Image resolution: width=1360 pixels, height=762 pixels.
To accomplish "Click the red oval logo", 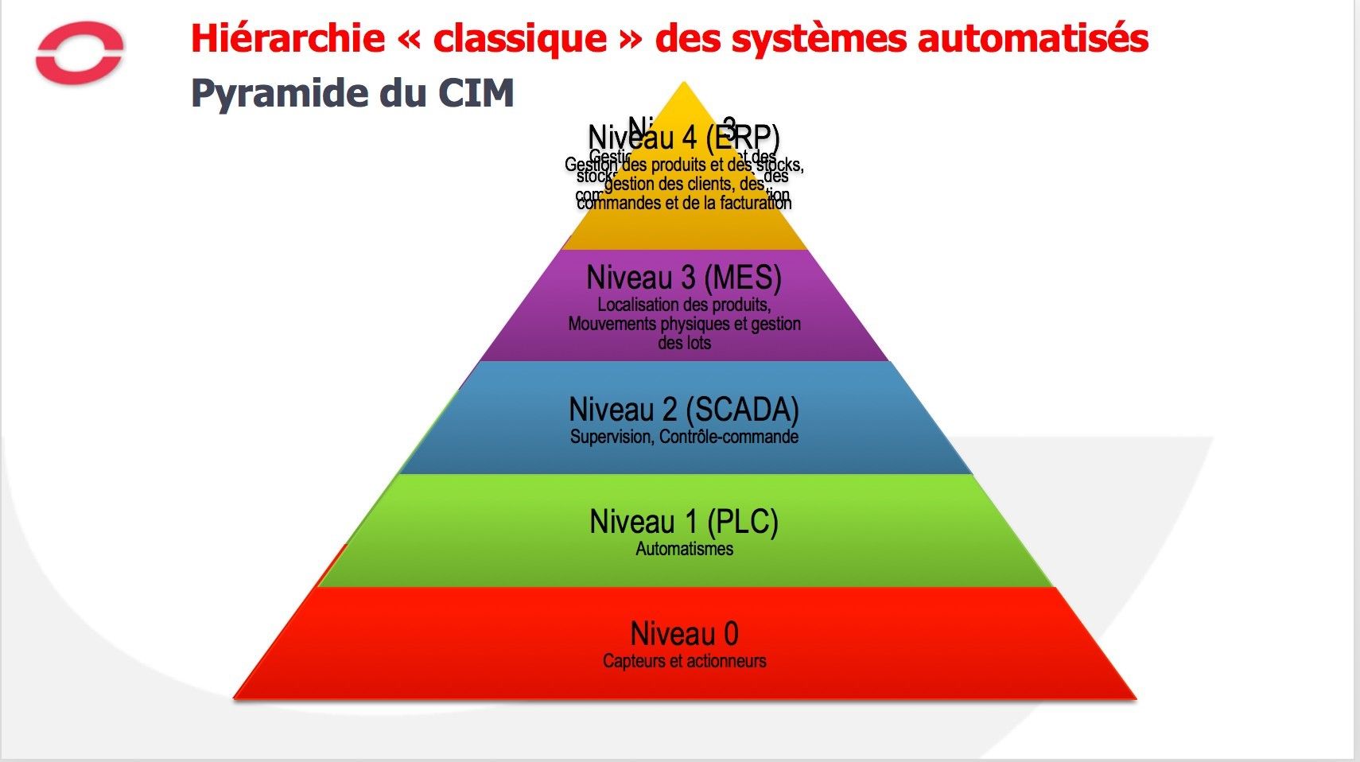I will pos(80,52).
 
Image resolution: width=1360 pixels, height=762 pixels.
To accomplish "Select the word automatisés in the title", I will pos(1033,38).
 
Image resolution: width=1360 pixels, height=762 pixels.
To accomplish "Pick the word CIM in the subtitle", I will pos(476,93).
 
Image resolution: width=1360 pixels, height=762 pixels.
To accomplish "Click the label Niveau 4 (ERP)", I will pos(684,138).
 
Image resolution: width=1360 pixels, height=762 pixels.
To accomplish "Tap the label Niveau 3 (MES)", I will pos(684,278).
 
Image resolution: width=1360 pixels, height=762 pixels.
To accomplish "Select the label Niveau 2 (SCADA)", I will pos(684,410).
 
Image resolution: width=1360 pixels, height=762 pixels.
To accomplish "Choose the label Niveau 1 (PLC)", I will pos(684,523).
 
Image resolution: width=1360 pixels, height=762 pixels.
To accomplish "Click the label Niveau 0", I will pos(684,634).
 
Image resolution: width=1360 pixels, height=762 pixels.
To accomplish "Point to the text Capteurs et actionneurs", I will pos(684,661).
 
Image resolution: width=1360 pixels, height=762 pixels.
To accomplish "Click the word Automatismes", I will pos(684,549).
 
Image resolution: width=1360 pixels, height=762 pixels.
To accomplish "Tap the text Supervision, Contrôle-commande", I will pos(684,437).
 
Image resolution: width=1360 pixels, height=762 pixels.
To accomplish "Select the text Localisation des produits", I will pos(684,305).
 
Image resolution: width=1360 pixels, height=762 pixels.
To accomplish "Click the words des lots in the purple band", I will pos(684,343).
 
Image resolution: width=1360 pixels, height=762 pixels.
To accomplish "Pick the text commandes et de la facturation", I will pos(684,203).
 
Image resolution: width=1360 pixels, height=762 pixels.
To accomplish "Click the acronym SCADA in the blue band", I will pos(741,410).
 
